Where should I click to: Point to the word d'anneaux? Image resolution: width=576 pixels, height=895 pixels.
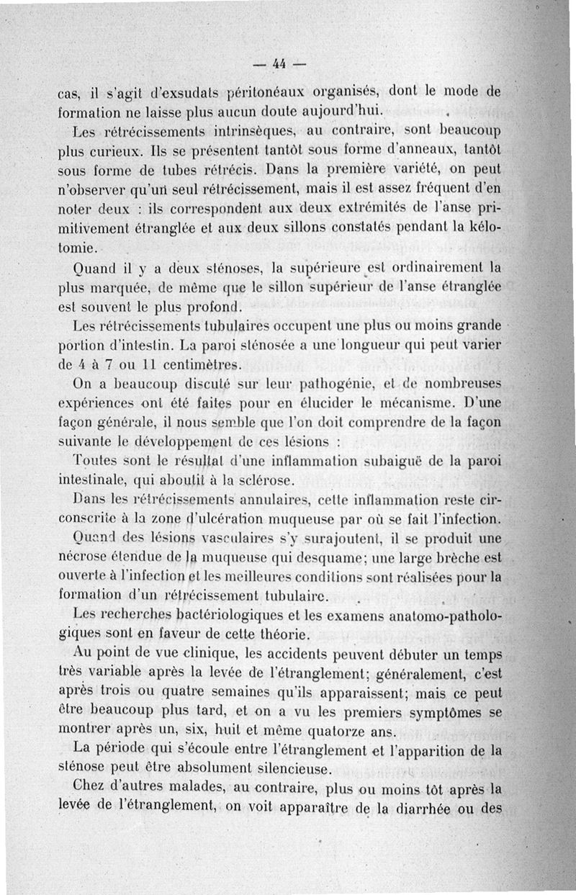410,152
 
